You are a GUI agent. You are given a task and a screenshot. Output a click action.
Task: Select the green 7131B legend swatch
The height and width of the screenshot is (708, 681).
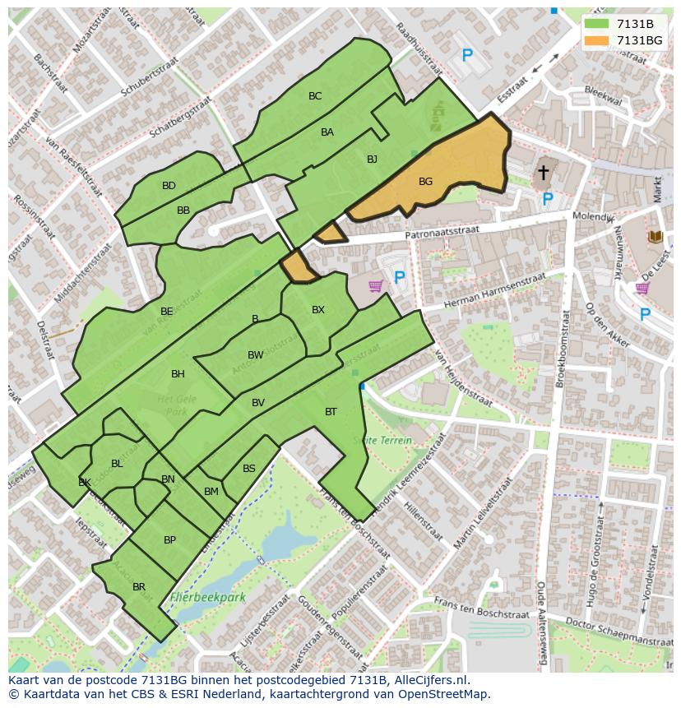coord(596,24)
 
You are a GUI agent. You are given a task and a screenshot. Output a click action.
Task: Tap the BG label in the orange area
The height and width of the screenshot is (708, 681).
coord(425,182)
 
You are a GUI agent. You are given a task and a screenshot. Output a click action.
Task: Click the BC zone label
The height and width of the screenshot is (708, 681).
coord(315,96)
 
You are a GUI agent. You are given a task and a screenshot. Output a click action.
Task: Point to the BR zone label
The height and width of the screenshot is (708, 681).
coord(139,587)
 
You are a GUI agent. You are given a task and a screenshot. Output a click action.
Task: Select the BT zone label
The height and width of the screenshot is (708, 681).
coord(331,412)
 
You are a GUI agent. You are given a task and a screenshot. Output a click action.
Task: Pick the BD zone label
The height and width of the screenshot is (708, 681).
coord(169,186)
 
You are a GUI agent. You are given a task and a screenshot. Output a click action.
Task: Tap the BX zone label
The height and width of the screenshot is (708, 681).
coord(318,310)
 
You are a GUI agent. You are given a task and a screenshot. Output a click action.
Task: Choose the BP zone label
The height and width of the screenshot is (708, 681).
coord(169,540)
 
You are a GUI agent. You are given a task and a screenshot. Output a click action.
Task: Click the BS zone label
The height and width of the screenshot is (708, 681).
coord(249,469)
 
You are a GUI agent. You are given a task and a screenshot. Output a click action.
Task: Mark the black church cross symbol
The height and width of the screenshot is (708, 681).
coord(543,172)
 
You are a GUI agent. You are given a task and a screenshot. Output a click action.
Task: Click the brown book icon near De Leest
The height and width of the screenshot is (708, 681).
coord(655,237)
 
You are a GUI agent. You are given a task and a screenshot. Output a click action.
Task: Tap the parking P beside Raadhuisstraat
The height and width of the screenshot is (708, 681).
coord(467,56)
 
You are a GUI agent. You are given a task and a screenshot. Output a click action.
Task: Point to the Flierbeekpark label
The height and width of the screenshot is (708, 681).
coord(208,598)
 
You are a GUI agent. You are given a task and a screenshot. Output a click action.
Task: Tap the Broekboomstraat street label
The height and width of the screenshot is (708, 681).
coord(563,354)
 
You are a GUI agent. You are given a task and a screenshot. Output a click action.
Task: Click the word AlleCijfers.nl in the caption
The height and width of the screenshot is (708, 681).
coord(428,680)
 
